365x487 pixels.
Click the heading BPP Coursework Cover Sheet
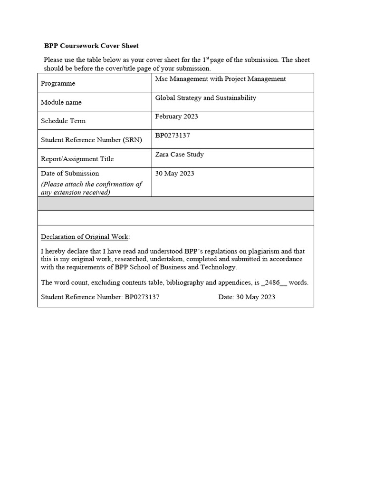pyautogui.click(x=91, y=46)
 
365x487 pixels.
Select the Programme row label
pyautogui.click(x=58, y=83)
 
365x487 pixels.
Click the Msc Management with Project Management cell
pyautogui.click(x=221, y=79)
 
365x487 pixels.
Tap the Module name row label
pyautogui.click(x=61, y=102)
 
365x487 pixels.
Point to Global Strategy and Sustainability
pyautogui.click(x=206, y=98)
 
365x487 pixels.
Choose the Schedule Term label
pyautogui.click(x=63, y=121)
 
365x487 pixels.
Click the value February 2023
pyautogui.click(x=177, y=117)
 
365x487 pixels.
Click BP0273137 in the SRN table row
pyautogui.click(x=173, y=136)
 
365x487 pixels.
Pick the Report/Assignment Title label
pyautogui.click(x=77, y=159)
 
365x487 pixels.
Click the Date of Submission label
pyautogui.click(x=70, y=174)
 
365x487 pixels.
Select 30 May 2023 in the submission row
pyautogui.click(x=175, y=174)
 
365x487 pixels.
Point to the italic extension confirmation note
pyautogui.click(x=91, y=188)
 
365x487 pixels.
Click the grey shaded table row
pyautogui.click(x=176, y=204)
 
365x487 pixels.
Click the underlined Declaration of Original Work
pyautogui.click(x=85, y=237)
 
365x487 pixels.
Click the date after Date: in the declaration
pyautogui.click(x=256, y=297)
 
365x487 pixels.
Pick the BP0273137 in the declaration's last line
pyautogui.click(x=142, y=297)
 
